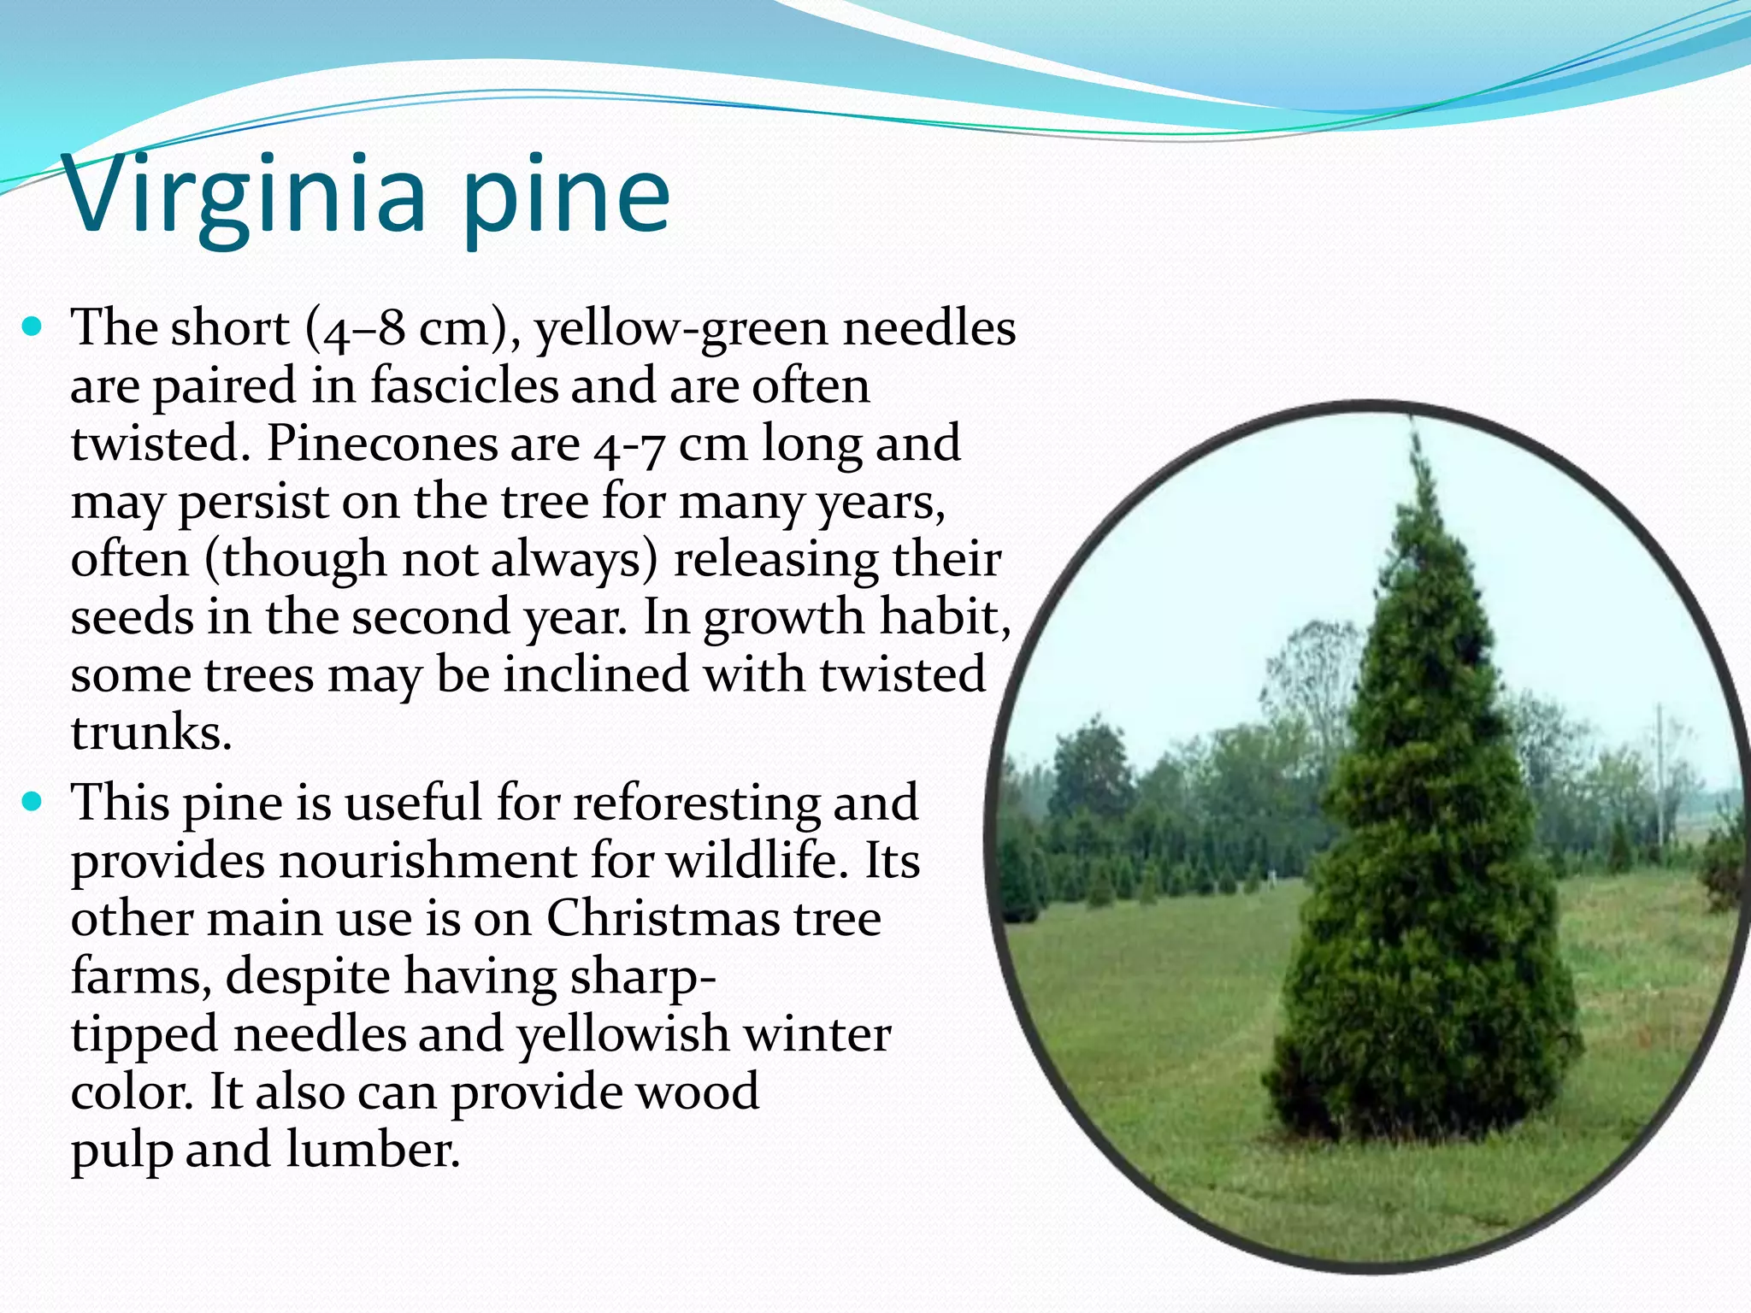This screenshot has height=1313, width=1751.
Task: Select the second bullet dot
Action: coord(32,802)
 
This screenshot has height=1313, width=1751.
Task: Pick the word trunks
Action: coord(150,733)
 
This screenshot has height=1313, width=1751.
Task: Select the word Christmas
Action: coord(662,919)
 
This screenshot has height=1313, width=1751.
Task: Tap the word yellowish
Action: coord(622,1035)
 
